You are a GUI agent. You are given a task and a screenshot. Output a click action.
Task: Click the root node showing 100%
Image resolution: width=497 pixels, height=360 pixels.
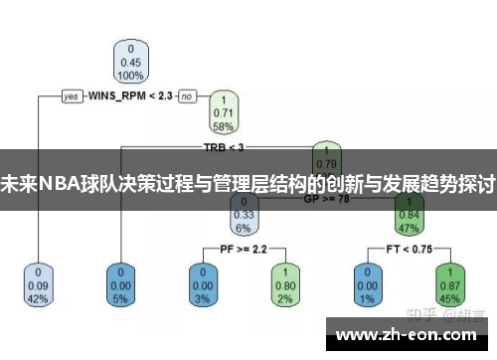tap(128, 61)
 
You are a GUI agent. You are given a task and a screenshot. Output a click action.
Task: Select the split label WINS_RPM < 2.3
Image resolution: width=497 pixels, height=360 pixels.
tap(129, 96)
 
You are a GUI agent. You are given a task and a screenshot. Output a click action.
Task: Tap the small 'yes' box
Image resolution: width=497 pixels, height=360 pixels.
tap(71, 96)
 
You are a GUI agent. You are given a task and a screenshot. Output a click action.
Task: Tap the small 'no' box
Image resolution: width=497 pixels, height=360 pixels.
tap(186, 96)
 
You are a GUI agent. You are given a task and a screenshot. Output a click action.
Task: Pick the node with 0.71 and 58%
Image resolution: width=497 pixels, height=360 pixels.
tap(224, 112)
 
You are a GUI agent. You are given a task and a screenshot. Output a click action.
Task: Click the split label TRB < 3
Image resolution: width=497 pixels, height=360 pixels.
tap(223, 147)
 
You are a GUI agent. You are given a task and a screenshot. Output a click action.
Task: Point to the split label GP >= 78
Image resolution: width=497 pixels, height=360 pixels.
tap(327, 198)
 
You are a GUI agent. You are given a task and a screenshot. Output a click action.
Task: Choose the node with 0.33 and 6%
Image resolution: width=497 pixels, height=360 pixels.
tap(244, 213)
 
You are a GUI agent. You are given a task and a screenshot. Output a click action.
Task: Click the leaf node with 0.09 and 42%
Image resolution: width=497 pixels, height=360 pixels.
tap(38, 283)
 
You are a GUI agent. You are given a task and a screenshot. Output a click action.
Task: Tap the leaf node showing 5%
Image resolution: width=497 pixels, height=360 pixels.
tap(122, 283)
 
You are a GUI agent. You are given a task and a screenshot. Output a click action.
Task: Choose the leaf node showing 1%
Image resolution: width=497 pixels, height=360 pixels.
tap(366, 283)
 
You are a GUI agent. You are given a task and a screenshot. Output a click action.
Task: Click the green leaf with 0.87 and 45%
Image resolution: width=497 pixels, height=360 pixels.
tap(449, 283)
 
